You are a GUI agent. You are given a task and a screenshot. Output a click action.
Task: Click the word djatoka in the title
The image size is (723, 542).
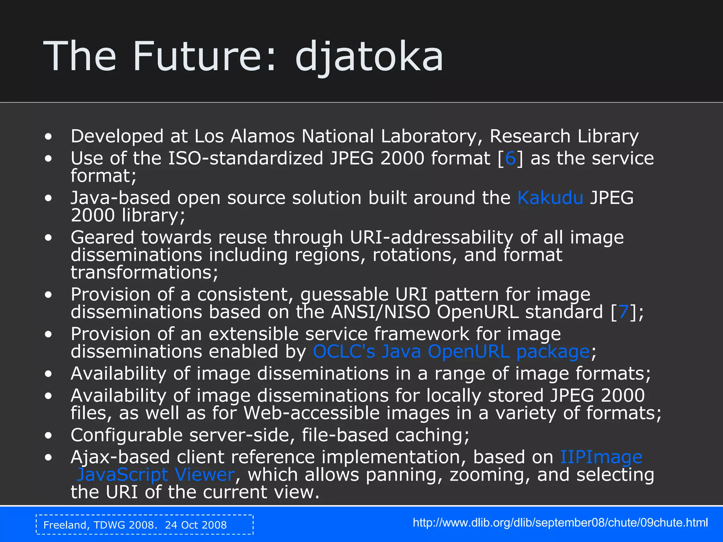[369, 56]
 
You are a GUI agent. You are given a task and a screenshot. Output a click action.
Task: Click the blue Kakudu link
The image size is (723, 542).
[550, 198]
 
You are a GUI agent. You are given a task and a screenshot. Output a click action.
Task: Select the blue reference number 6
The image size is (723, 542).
[510, 158]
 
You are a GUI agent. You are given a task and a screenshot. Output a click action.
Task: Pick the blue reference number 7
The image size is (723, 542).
[623, 312]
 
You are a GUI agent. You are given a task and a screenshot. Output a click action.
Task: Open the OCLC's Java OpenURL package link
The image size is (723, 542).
[451, 351]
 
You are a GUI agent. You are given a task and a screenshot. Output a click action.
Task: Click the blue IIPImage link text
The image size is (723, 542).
[601, 457]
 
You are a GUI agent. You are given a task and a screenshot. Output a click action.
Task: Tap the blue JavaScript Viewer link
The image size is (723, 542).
[156, 475]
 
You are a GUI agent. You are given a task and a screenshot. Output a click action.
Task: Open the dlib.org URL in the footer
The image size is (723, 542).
[560, 523]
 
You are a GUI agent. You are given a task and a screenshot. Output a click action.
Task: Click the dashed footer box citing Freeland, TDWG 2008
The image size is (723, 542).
[145, 525]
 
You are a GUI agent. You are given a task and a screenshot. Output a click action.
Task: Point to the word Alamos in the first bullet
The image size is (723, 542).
[262, 136]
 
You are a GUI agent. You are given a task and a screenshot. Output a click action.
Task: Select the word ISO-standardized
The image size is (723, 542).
[245, 158]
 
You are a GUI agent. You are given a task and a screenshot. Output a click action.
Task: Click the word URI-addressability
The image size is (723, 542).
[431, 237]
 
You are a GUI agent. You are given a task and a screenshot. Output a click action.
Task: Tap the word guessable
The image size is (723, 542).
[344, 294]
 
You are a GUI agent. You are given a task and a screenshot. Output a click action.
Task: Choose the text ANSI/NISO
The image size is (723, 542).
[380, 312]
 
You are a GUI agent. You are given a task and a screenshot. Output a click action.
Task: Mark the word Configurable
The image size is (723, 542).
[126, 435]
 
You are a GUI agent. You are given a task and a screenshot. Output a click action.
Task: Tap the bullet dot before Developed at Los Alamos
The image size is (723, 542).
[48, 137]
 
